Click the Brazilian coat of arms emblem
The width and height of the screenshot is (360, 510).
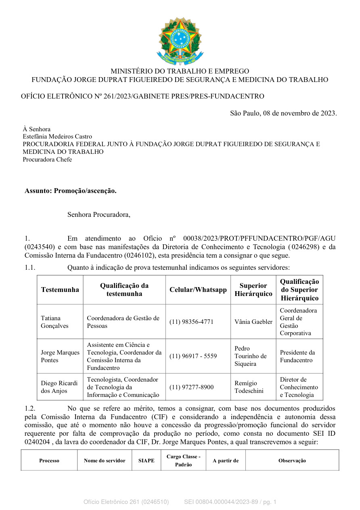pyautogui.click(x=180, y=40)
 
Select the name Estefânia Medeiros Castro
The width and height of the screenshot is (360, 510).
pyautogui.click(x=57, y=136)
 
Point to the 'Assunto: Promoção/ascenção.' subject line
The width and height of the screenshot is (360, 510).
pyautogui.click(x=71, y=191)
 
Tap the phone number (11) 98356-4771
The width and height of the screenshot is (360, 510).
pyautogui.click(x=191, y=322)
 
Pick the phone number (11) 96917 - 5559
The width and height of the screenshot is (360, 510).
pyautogui.click(x=193, y=356)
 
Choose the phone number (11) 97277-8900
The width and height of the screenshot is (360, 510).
pyautogui.click(x=191, y=387)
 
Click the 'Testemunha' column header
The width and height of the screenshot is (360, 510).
pyautogui.click(x=60, y=290)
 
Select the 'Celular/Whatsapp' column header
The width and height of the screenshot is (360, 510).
pyautogui.click(x=198, y=290)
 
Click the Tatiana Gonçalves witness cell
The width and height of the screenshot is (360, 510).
pyautogui.click(x=55, y=322)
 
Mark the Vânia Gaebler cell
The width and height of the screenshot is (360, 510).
pyautogui.click(x=253, y=322)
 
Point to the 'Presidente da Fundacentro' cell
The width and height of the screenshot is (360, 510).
pyautogui.click(x=297, y=356)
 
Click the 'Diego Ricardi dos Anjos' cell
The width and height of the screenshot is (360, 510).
pyautogui.click(x=59, y=387)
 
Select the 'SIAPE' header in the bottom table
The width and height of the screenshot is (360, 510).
pyautogui.click(x=146, y=460)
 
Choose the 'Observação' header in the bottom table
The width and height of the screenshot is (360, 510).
pyautogui.click(x=292, y=460)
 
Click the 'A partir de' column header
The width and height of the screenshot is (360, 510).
pyautogui.click(x=226, y=460)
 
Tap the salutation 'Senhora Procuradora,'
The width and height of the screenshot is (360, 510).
pyautogui.click(x=99, y=214)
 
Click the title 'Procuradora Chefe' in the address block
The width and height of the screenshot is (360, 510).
pyautogui.click(x=47, y=160)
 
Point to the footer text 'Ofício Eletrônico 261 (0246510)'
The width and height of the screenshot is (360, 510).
pyautogui.click(x=126, y=502)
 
